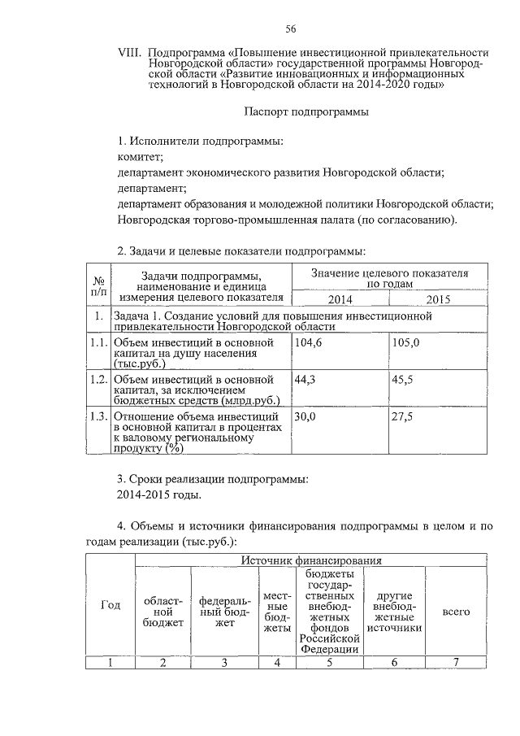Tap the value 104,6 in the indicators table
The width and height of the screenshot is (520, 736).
(306, 344)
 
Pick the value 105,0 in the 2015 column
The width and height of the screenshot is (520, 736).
(405, 344)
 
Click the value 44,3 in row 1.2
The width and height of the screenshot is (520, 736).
(303, 379)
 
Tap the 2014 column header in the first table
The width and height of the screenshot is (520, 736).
(340, 299)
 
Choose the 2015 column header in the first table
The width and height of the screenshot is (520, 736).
(438, 299)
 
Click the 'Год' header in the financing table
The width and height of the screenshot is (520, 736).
(110, 605)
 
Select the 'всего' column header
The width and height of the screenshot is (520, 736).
(456, 611)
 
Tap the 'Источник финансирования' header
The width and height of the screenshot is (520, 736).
(310, 561)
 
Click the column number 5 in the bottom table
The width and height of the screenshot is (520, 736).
(329, 661)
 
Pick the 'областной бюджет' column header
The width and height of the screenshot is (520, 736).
(162, 611)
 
